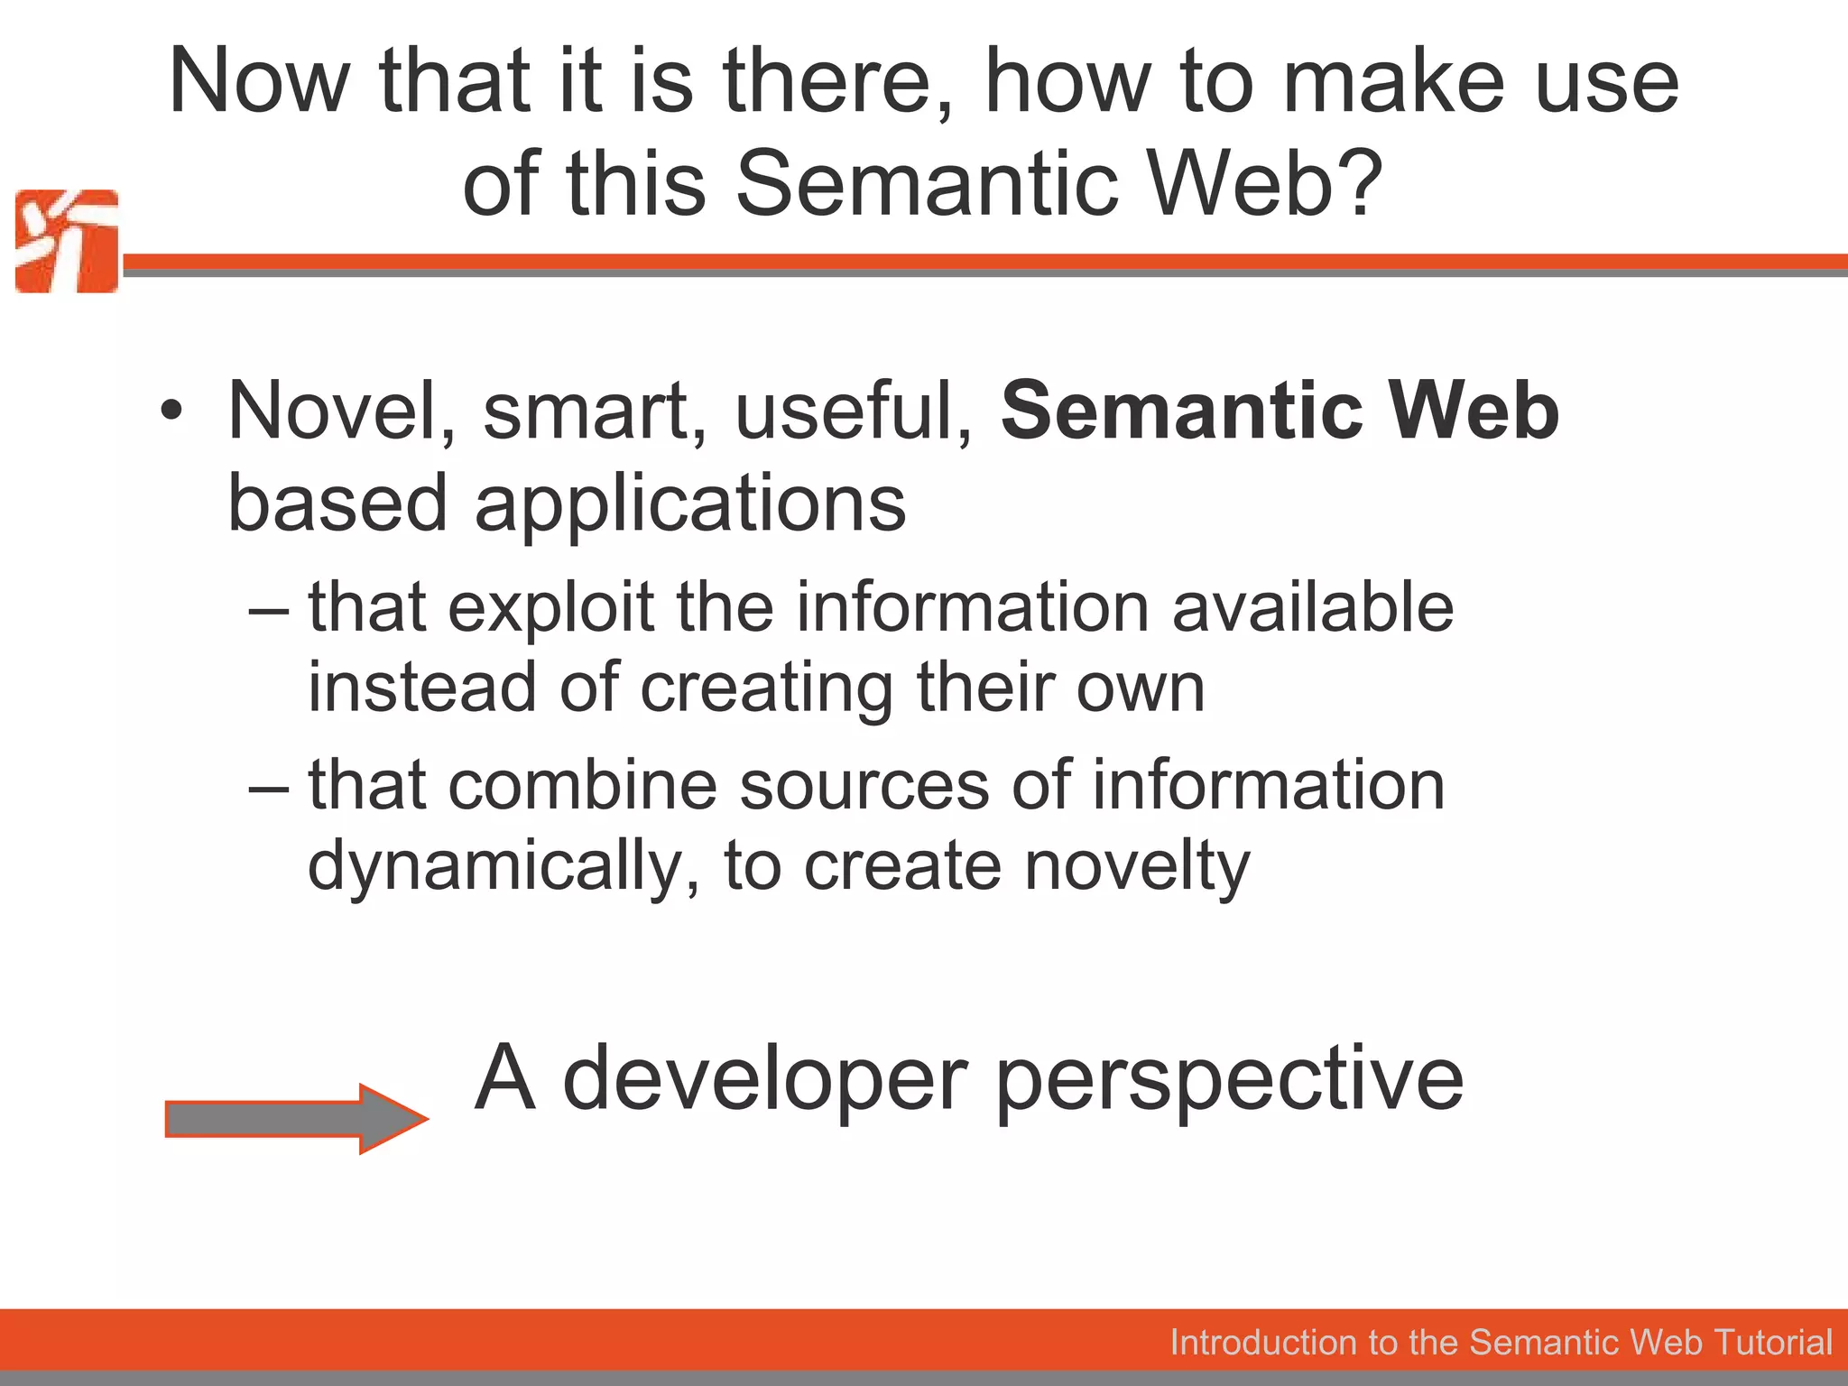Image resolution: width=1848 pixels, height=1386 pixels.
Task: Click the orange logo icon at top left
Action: pos(67,241)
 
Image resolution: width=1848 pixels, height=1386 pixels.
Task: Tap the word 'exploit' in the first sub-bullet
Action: pos(550,607)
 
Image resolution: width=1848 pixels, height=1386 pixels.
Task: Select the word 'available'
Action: pos(1313,607)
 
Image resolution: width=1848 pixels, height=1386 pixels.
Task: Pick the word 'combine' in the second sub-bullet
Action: pos(583,785)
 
